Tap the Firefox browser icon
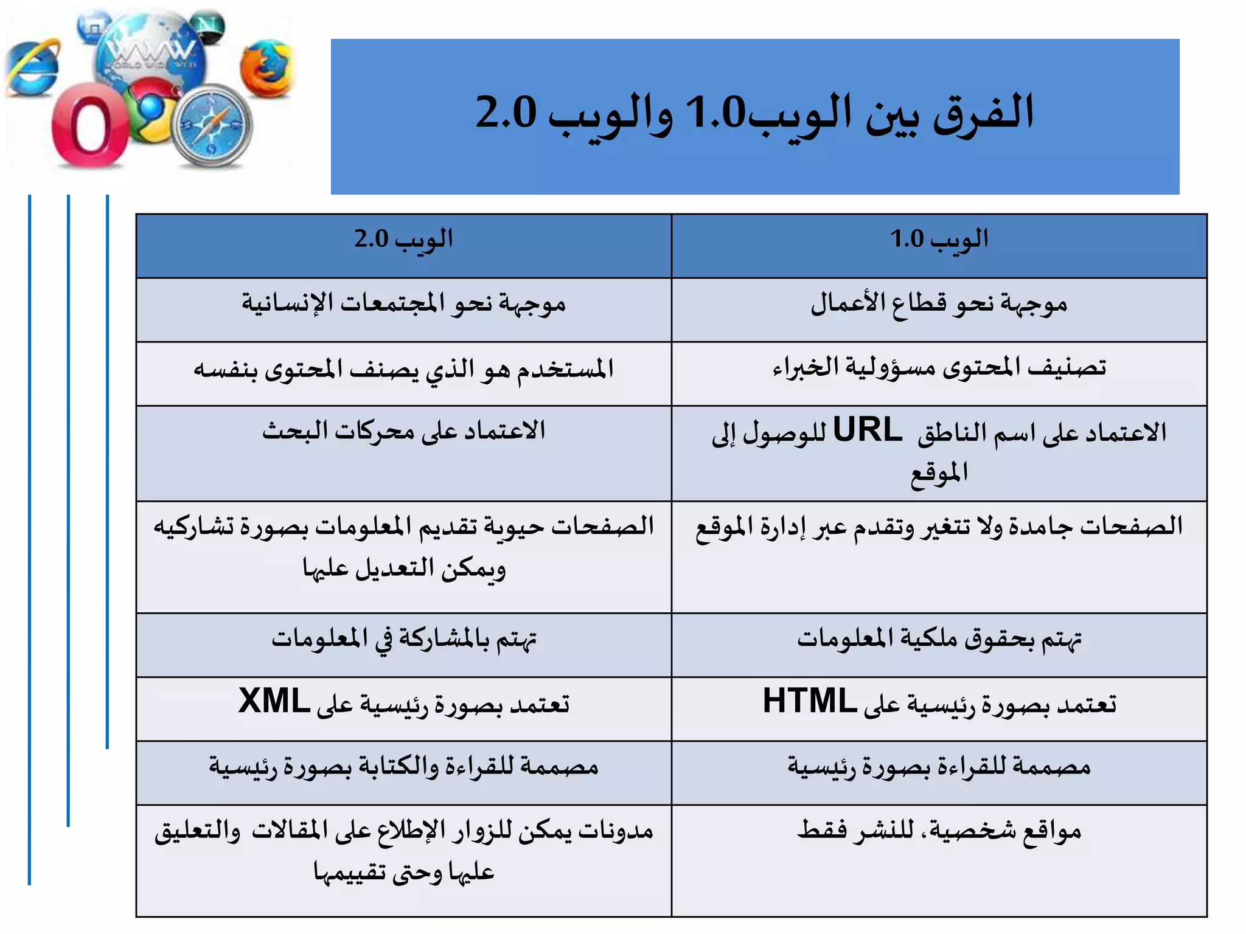pos(266,68)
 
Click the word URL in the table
pos(867,431)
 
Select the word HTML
pos(806,701)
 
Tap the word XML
pos(274,701)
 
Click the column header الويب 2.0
pos(403,240)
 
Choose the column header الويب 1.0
pos(939,240)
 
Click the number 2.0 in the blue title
pos(506,112)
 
